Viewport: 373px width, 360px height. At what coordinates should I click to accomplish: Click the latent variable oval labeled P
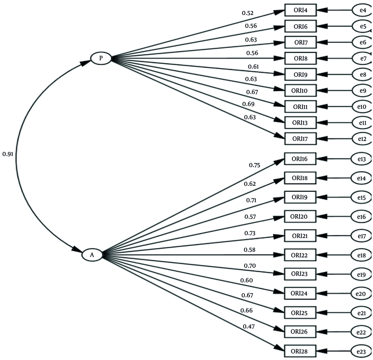point(101,59)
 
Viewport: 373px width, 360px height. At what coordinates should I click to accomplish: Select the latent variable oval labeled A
point(92,255)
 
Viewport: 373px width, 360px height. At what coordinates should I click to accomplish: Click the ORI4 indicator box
point(300,10)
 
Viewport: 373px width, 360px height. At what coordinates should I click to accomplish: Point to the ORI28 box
point(300,351)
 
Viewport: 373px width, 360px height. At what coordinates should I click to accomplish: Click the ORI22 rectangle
point(300,255)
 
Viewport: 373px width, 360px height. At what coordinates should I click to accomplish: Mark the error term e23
point(361,351)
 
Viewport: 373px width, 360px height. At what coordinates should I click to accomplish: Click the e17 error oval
point(361,236)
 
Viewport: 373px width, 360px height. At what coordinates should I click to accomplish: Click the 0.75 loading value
point(255,165)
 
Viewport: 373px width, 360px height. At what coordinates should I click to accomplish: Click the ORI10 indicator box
point(300,90)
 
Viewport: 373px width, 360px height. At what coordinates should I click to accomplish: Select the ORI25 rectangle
point(300,312)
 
